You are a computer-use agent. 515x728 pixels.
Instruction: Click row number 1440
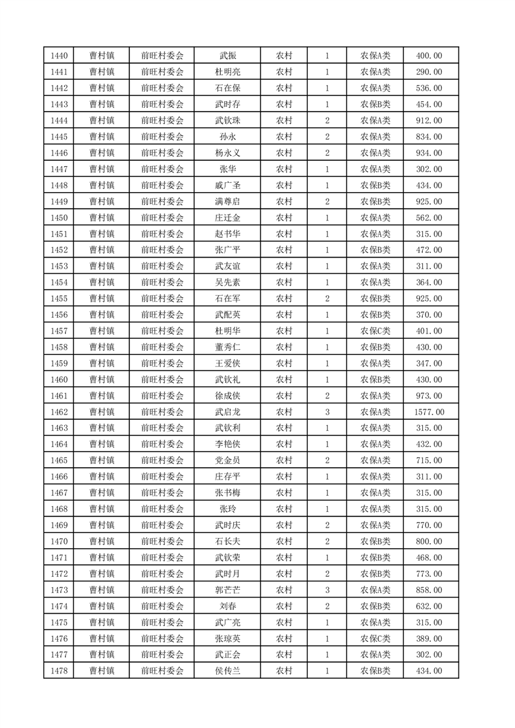click(x=58, y=56)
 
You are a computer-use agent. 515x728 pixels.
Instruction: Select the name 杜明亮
click(x=227, y=72)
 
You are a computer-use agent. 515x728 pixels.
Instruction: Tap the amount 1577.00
click(x=429, y=412)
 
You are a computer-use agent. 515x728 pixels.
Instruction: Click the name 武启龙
click(x=227, y=412)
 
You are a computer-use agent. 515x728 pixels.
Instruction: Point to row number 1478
click(x=58, y=671)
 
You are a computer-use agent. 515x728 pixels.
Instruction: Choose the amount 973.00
click(x=429, y=396)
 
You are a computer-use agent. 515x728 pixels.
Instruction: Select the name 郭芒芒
click(x=227, y=590)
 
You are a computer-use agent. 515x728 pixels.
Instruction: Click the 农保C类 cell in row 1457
click(x=375, y=331)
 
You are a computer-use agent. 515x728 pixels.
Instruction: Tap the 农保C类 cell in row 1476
click(x=375, y=638)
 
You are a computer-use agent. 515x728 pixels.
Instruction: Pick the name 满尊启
click(x=227, y=202)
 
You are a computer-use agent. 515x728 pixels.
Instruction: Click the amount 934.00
click(x=429, y=153)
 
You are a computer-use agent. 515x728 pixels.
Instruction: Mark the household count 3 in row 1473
click(x=327, y=590)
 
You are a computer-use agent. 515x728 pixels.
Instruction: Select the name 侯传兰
click(x=227, y=671)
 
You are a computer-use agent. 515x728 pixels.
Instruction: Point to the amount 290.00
click(x=429, y=72)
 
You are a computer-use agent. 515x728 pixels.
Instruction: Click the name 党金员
click(x=227, y=461)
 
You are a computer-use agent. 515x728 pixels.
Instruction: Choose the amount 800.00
click(x=429, y=541)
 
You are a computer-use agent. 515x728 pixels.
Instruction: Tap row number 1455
click(x=58, y=298)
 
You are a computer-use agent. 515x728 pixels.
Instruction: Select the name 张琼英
click(x=227, y=638)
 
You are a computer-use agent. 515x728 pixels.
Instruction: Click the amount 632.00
click(x=429, y=606)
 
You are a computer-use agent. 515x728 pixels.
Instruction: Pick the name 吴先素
click(x=227, y=282)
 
